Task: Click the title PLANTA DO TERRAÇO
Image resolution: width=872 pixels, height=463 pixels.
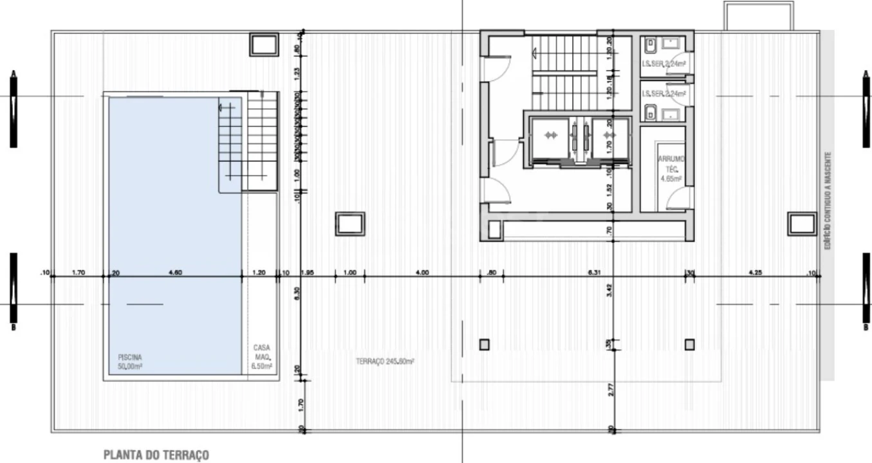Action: point(156,455)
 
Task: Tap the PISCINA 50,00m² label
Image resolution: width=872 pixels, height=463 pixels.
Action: point(129,361)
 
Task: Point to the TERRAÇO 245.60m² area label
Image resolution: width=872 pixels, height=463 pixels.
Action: point(385,361)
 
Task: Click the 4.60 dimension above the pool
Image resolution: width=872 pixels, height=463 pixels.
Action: point(175,273)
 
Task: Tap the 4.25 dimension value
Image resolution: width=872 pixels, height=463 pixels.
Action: point(755,273)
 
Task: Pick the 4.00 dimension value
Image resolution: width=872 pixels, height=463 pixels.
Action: point(422,273)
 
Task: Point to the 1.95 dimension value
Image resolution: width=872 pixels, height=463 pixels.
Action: point(308,273)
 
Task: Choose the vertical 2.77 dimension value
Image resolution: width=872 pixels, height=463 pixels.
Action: point(609,388)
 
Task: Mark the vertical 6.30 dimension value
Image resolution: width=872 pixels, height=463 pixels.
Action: point(297,293)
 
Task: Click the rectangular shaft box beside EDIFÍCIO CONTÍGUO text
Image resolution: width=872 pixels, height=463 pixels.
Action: point(802,224)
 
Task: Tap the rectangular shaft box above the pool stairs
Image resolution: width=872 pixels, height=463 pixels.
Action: point(263,45)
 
